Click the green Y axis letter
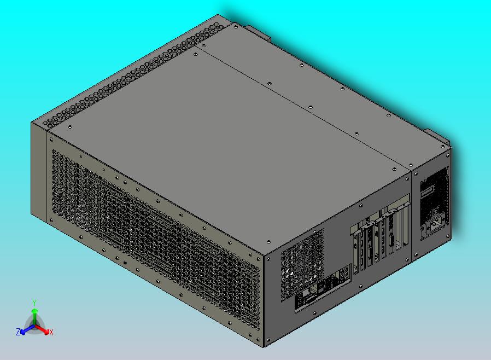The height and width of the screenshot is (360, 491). pyautogui.click(x=34, y=303)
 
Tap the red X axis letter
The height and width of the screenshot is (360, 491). pyautogui.click(x=51, y=332)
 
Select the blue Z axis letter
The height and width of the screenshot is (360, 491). pyautogui.click(x=18, y=332)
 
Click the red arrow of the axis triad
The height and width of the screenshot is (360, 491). pyautogui.click(x=42, y=329)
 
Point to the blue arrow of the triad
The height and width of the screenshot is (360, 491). pyautogui.click(x=27, y=329)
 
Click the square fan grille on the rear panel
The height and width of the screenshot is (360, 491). pyautogui.click(x=302, y=265)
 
